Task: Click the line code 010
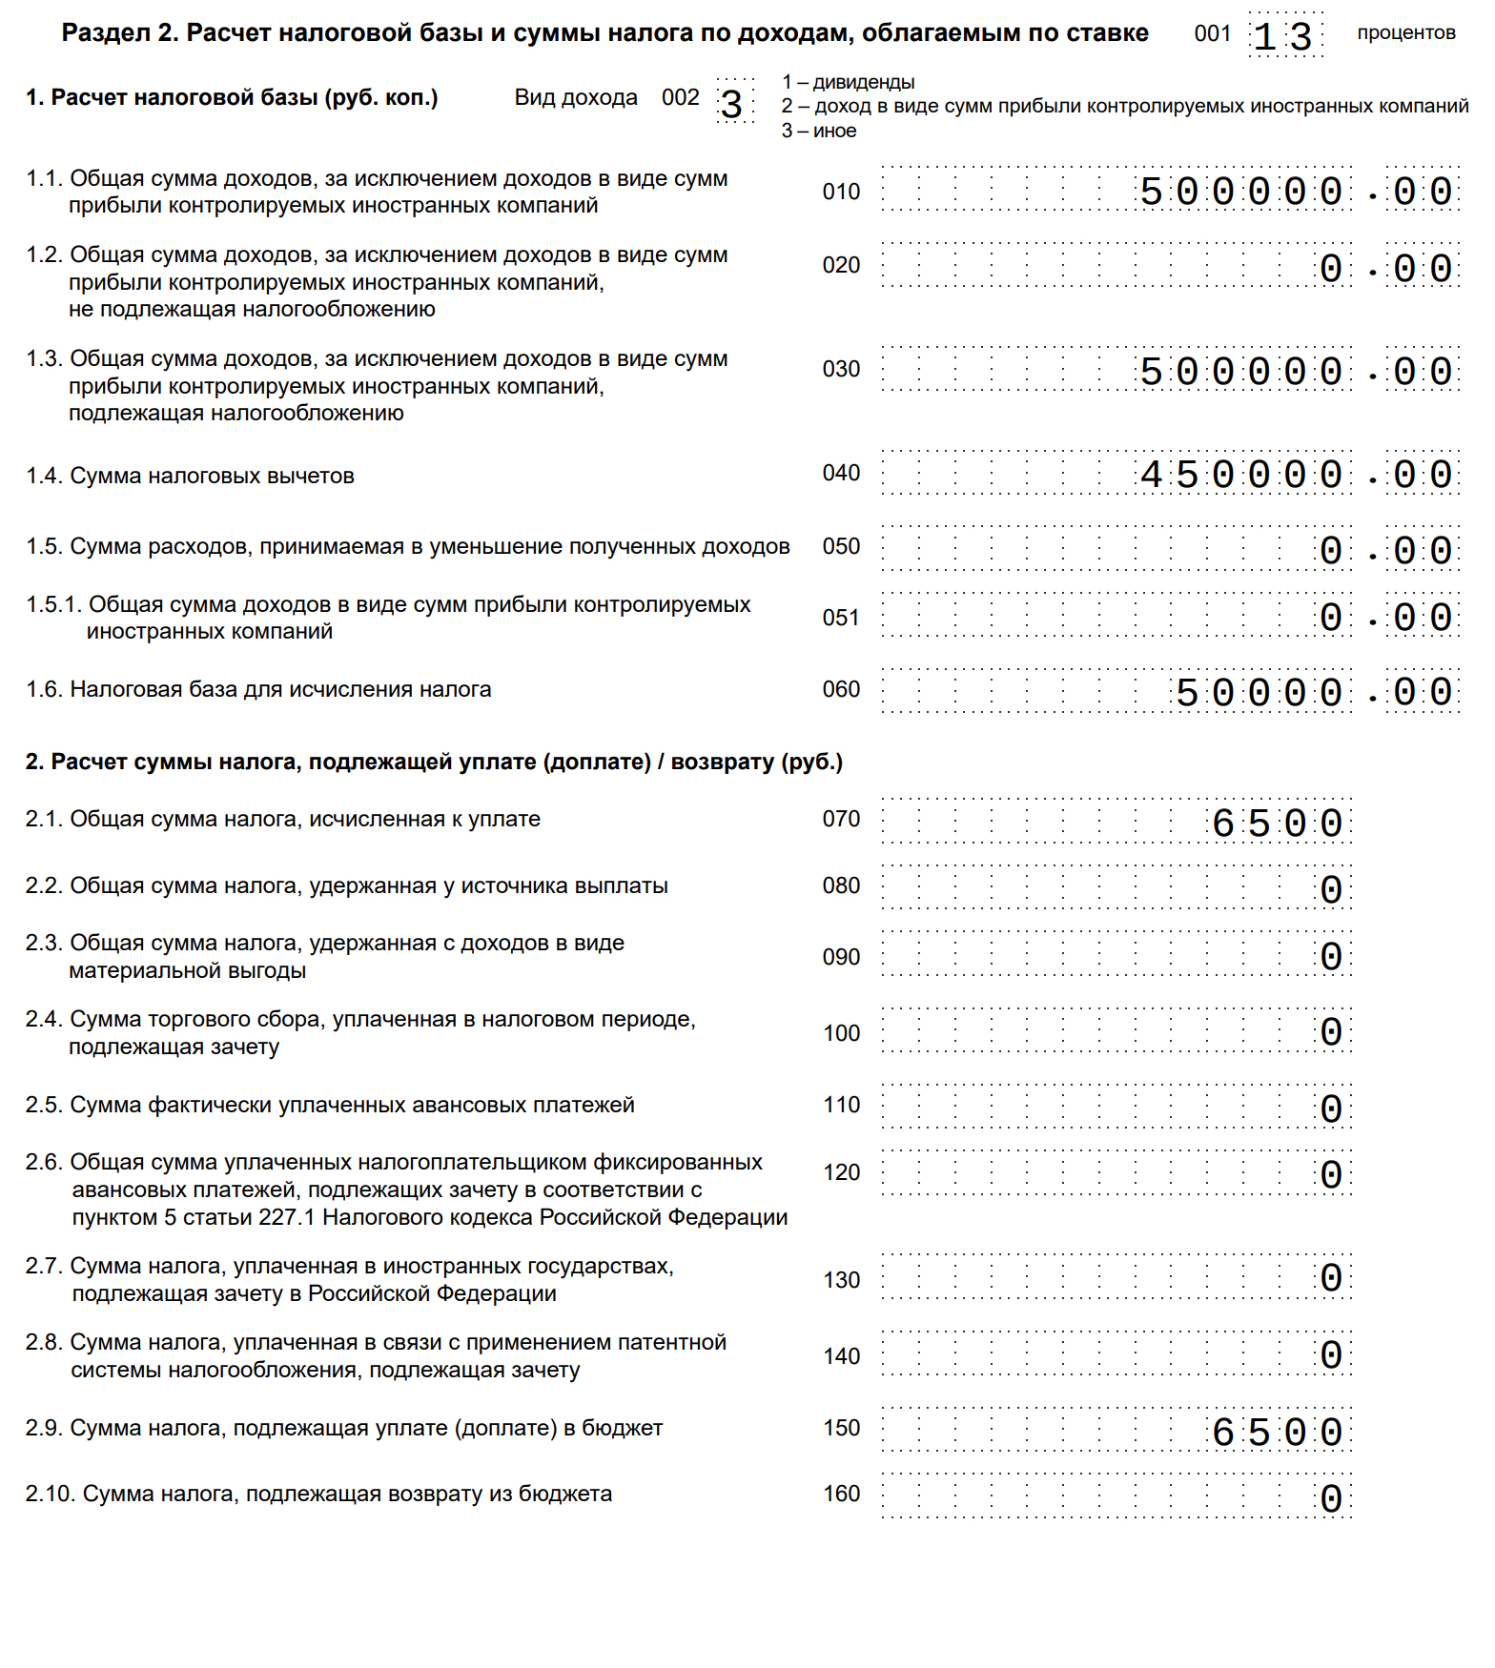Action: pos(841,192)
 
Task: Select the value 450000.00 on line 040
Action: pos(1297,475)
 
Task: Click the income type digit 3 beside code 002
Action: pos(732,104)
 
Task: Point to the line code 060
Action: pos(841,689)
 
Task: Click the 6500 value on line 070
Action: pos(1278,824)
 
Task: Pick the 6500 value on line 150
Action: pos(1278,1433)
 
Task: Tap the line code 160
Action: pos(841,1494)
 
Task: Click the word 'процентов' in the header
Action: pos(1406,33)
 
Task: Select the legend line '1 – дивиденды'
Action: pos(848,82)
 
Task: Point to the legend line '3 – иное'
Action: pos(819,131)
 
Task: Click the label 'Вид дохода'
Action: pos(576,97)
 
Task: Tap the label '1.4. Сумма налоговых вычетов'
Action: pos(191,476)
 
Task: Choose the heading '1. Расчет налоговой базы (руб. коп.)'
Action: pos(232,97)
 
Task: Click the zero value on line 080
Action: pos(1331,890)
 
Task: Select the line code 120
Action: pos(841,1172)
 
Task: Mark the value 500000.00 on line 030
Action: pos(1297,372)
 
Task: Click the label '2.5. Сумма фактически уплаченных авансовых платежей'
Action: pos(330,1105)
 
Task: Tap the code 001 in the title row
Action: pos(1213,33)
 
